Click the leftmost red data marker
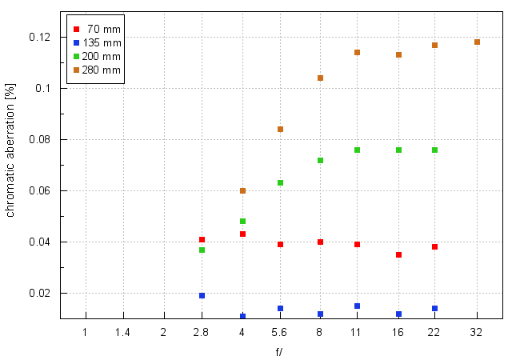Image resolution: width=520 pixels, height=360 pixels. (202, 240)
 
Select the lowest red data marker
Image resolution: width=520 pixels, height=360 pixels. (398, 254)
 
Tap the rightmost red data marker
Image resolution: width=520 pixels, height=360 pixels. (434, 247)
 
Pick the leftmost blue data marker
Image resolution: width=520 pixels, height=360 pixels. (202, 296)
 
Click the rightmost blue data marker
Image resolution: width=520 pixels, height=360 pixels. (434, 308)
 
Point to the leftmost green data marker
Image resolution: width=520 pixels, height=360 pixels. (202, 250)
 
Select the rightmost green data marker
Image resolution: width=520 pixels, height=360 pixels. (434, 150)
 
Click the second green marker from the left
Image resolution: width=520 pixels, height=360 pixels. (242, 222)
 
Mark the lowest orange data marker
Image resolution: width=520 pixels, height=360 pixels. (242, 191)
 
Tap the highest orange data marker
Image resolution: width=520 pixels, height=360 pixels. (477, 42)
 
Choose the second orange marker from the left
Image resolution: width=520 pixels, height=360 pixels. (280, 129)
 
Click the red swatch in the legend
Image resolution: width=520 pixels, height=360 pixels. (76, 29)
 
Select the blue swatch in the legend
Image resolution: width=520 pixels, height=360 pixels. (76, 42)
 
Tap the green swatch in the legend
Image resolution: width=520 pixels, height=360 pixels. (76, 56)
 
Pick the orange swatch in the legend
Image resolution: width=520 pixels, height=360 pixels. (76, 70)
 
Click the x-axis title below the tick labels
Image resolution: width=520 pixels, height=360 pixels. (280, 350)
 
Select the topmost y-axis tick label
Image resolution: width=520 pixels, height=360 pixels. (40, 37)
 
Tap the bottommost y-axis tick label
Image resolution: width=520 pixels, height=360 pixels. (40, 293)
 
